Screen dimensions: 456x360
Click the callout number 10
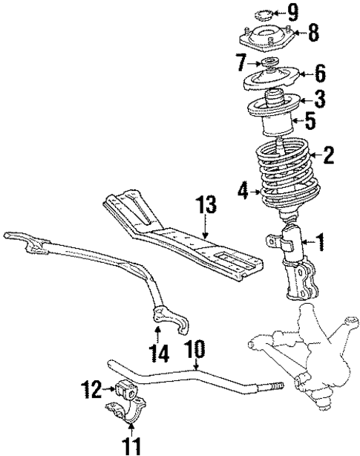click(197, 348)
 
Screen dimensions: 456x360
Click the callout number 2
click(328, 155)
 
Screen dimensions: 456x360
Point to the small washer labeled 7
click(269, 62)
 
